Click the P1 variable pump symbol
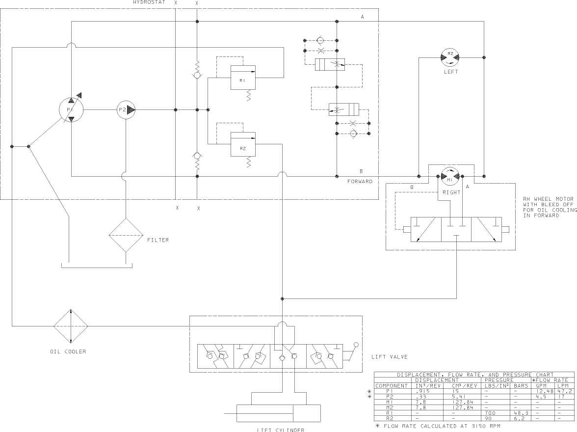(x=71, y=110)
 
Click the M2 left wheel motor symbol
(x=450, y=57)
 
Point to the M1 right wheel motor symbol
(x=450, y=176)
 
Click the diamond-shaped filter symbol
(x=126, y=235)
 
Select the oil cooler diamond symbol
(x=71, y=326)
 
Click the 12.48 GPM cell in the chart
(x=545, y=391)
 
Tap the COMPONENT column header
(x=392, y=386)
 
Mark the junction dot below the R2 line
(x=282, y=298)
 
